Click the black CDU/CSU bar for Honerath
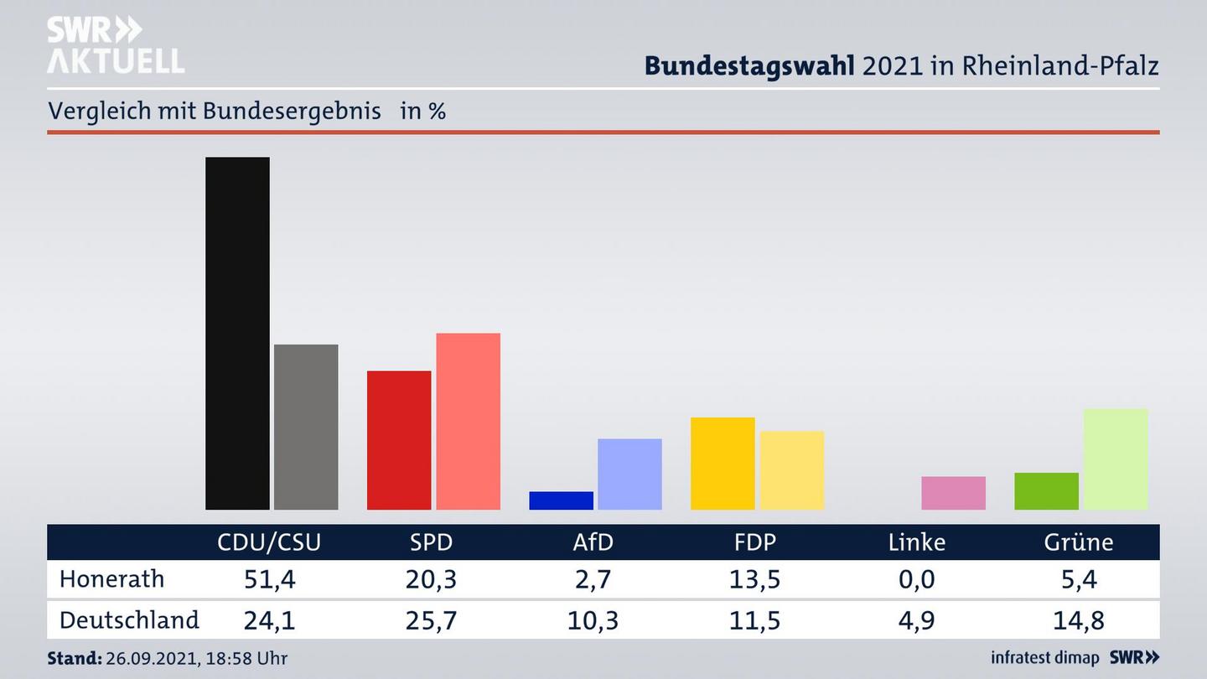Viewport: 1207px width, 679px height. tap(237, 333)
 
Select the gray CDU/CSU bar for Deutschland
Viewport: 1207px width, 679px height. tap(306, 427)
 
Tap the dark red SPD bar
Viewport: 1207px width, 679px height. tap(399, 440)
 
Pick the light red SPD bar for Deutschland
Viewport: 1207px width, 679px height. tap(468, 421)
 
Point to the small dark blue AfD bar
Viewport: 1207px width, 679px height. tap(561, 500)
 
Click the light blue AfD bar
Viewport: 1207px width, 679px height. tap(629, 474)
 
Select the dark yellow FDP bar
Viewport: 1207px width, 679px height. tap(723, 463)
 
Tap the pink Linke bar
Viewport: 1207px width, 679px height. tap(953, 493)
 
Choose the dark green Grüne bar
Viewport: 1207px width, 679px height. tap(1046, 491)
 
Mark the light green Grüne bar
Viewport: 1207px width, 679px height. tap(1116, 459)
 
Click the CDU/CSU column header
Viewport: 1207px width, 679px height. tap(269, 542)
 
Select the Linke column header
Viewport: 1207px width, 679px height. tap(917, 542)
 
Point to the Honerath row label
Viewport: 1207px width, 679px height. tap(112, 579)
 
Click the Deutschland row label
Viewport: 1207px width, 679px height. tap(129, 620)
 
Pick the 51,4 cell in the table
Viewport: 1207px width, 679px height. tap(269, 579)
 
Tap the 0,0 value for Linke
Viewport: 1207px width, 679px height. tap(917, 579)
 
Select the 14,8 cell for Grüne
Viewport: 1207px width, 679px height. tap(1079, 620)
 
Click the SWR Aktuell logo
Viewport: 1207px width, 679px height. tap(115, 45)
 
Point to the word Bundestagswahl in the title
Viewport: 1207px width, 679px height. tap(749, 65)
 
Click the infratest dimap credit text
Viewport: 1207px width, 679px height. tap(1044, 658)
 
